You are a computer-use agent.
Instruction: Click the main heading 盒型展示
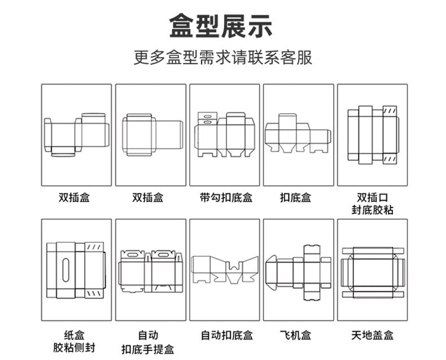(x=221, y=26)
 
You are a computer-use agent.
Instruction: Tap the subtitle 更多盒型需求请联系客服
(x=222, y=58)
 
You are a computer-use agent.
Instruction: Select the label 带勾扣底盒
(x=225, y=198)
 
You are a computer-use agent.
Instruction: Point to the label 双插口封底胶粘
(x=372, y=204)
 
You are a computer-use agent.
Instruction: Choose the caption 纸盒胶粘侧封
(x=76, y=341)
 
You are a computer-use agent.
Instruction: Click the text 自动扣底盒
(x=225, y=335)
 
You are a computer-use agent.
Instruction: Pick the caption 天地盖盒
(x=372, y=335)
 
